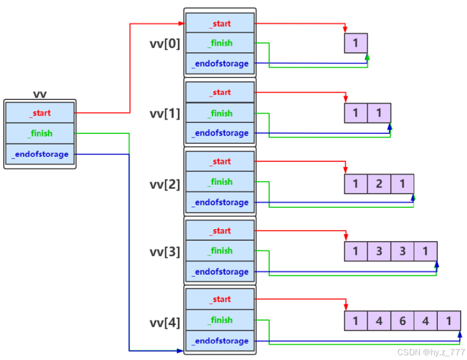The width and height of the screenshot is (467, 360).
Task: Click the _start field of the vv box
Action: (x=40, y=113)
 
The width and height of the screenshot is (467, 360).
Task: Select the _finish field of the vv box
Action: (x=40, y=133)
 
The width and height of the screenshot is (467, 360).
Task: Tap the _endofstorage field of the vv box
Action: (x=40, y=154)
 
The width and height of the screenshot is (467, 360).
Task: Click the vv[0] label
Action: (x=165, y=44)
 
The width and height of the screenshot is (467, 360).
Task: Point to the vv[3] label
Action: (x=165, y=252)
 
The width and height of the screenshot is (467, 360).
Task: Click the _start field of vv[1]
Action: (x=220, y=92)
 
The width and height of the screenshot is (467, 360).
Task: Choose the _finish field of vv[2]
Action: (x=220, y=182)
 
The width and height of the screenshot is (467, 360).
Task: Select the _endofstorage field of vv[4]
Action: (x=220, y=341)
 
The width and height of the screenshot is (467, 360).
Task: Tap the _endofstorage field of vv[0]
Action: (x=220, y=63)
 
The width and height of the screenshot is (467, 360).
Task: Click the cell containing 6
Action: (x=402, y=321)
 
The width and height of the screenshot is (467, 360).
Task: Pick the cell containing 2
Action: (x=379, y=184)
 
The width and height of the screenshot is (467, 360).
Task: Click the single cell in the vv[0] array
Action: (x=356, y=43)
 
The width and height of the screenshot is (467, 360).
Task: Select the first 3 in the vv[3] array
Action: (x=379, y=251)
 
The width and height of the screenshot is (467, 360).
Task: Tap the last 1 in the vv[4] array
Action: (x=449, y=321)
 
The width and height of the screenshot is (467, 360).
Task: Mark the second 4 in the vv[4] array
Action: (x=426, y=321)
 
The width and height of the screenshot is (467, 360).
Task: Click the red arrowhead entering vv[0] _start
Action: (x=181, y=23)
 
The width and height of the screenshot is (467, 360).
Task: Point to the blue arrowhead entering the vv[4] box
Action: (x=180, y=351)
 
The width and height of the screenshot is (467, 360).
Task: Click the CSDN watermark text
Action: (x=431, y=352)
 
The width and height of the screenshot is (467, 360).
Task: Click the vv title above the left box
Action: (x=40, y=94)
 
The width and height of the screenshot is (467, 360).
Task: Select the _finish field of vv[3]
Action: (x=220, y=251)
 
